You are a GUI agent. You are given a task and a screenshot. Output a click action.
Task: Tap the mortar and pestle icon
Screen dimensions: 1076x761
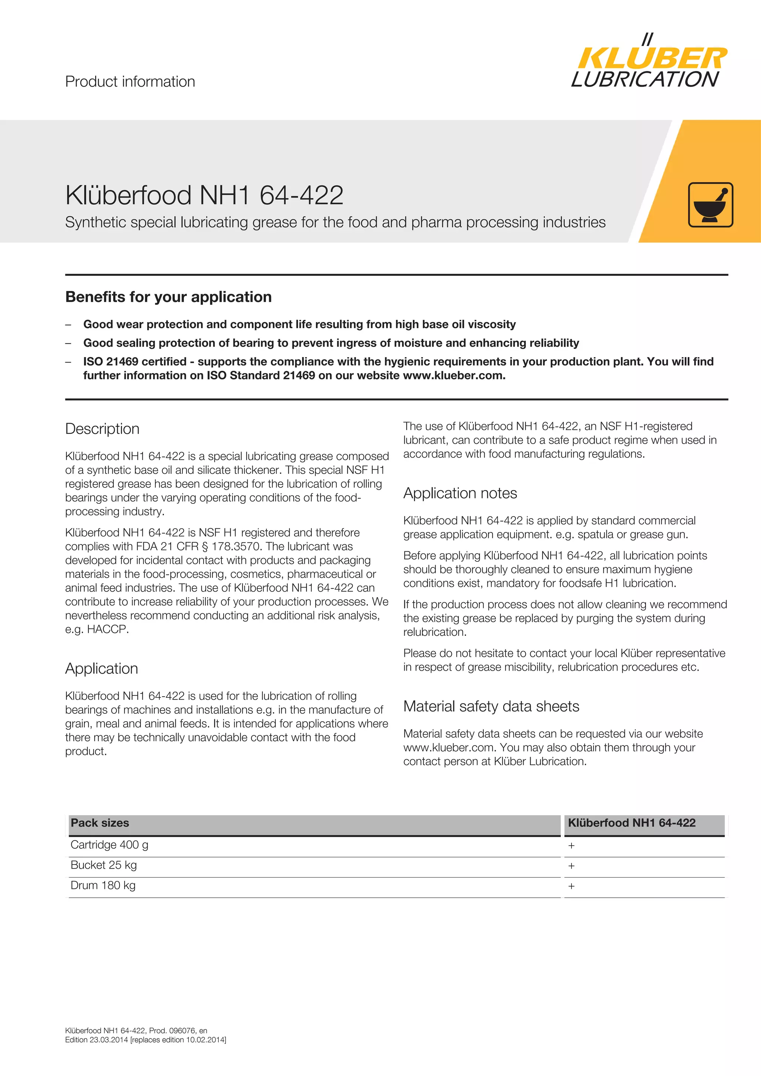[710, 205]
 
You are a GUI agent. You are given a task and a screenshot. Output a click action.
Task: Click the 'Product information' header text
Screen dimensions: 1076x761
[130, 81]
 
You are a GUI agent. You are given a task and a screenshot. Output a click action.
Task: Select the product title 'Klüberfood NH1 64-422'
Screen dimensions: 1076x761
[204, 195]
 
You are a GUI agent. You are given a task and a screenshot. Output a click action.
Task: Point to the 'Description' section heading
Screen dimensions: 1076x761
[102, 429]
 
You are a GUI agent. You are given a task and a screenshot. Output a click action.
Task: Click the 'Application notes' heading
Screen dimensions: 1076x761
[460, 493]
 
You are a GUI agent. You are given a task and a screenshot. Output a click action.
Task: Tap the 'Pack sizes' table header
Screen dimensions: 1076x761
[100, 823]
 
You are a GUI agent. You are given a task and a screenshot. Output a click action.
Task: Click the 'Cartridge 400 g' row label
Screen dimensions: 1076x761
[109, 845]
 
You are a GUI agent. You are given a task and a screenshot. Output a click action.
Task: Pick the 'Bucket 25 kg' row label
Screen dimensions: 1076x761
[104, 865]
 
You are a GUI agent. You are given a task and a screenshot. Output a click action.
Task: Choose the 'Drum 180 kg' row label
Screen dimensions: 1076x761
[103, 885]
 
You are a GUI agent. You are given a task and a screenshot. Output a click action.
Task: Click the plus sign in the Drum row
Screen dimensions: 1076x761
[571, 886]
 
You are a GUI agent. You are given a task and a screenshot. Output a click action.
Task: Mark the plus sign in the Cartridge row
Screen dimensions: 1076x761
[571, 846]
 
